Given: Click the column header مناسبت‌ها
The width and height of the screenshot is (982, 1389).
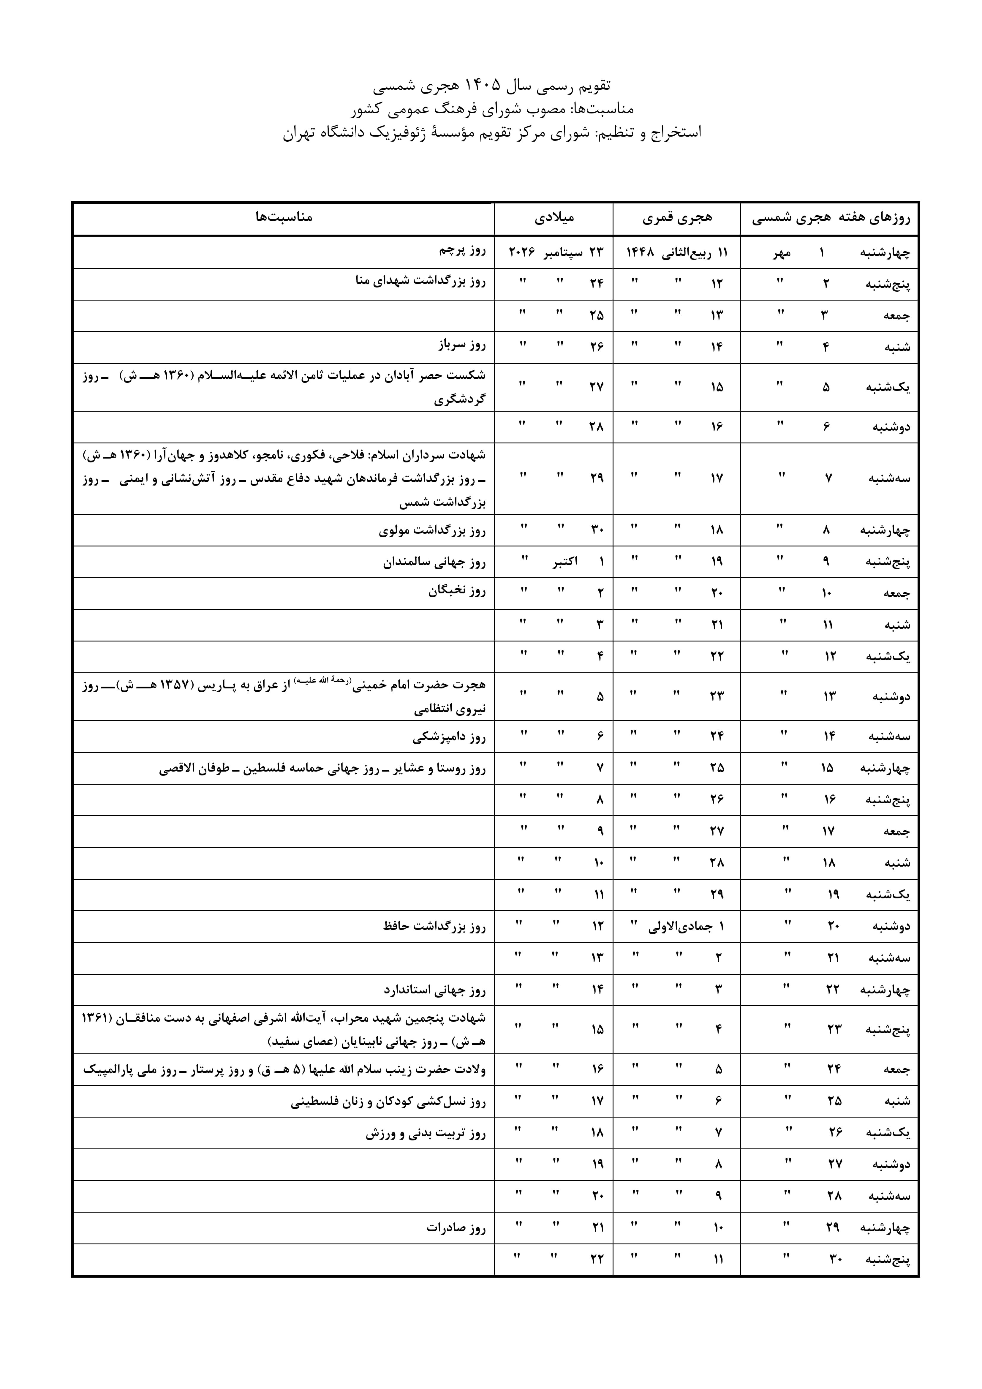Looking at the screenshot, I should pyautogui.click(x=283, y=217).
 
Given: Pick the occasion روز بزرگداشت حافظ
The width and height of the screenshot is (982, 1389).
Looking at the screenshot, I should pyautogui.click(x=434, y=926).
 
